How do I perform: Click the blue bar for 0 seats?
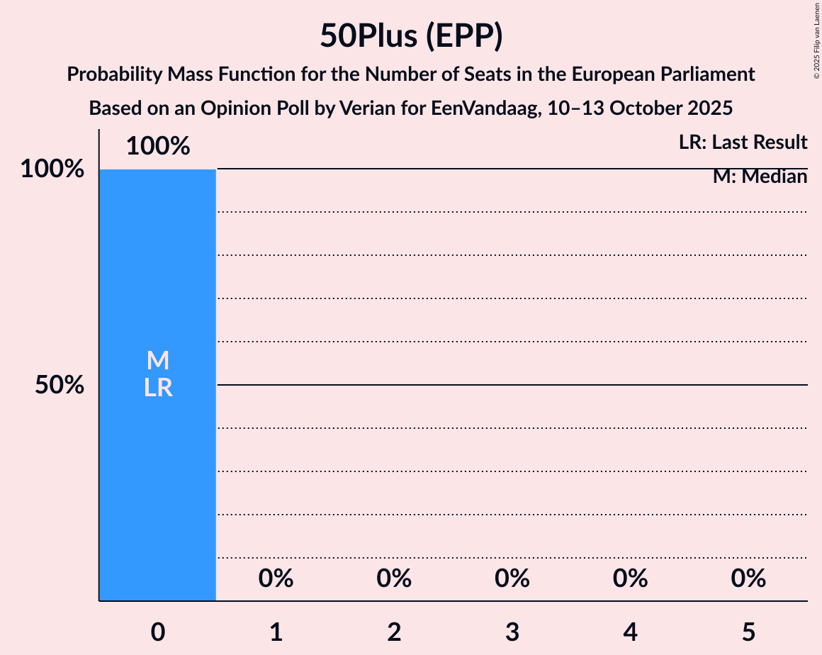point(157,482)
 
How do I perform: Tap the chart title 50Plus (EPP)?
point(411,35)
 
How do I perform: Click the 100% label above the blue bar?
point(158,146)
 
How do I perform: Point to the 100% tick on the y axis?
point(52,169)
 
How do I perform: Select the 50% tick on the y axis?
point(60,386)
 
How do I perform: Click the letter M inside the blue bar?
point(158,361)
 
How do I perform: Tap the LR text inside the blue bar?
point(158,388)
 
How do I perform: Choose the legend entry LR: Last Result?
point(743,142)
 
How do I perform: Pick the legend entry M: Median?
point(760,177)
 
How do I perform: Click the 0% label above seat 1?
point(276,578)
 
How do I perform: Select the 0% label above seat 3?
point(512,578)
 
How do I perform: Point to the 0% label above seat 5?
point(748,578)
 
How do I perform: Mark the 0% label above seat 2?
point(394,578)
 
